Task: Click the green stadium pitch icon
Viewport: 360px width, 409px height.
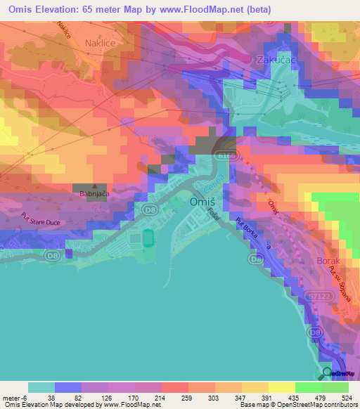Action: coord(148,238)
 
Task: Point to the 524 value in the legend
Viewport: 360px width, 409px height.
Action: coord(346,397)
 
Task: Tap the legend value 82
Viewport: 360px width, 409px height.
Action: coord(77,397)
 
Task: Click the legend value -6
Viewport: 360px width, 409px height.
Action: coord(15,397)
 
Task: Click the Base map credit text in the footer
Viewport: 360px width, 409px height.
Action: coord(255,405)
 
